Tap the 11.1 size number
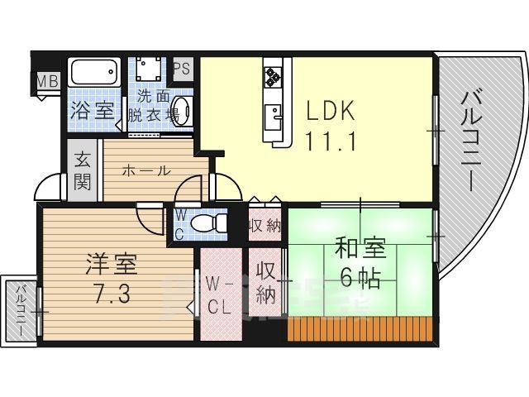pyautogui.click(x=331, y=141)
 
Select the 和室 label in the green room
pyautogui.click(x=360, y=248)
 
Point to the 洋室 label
pyautogui.click(x=111, y=267)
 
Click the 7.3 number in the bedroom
pyautogui.click(x=111, y=294)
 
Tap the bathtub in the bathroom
pyautogui.click(x=94, y=73)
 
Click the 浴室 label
pyautogui.click(x=91, y=110)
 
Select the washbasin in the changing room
pyautogui.click(x=183, y=112)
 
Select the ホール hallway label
pyautogui.click(x=146, y=171)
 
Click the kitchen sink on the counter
pyautogui.click(x=274, y=112)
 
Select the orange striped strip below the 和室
pyautogui.click(x=360, y=329)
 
